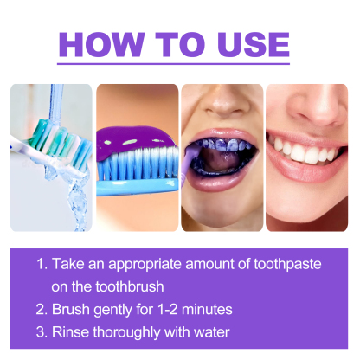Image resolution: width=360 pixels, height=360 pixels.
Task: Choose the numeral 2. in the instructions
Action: coord(41,309)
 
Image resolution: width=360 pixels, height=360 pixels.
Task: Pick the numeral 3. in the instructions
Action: coord(41,331)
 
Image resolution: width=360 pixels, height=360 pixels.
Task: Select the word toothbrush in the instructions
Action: coord(131,286)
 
